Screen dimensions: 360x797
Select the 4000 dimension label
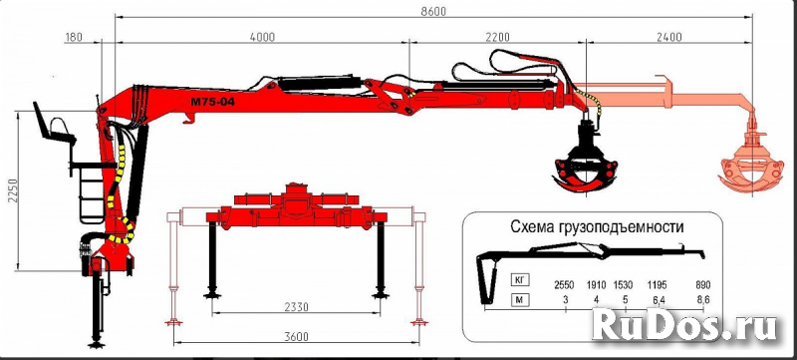[x=261, y=37]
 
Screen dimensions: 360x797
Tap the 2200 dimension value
[x=498, y=37]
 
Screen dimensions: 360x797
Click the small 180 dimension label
[x=72, y=37]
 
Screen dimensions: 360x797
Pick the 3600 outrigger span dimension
[x=294, y=335]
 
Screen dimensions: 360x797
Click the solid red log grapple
[x=583, y=165]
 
